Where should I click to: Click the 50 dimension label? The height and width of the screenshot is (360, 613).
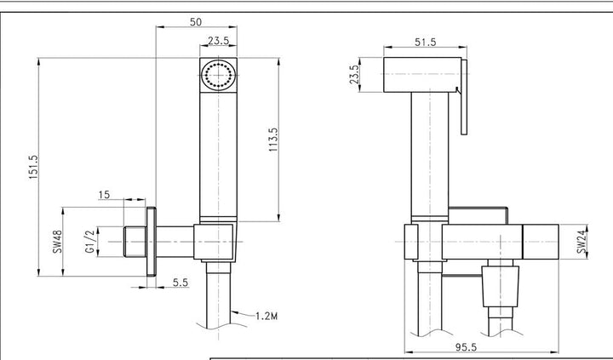[196, 22]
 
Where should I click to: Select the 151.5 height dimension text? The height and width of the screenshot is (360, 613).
[33, 168]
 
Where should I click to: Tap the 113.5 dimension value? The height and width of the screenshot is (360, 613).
[273, 140]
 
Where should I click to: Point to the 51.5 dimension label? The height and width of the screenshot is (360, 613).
[426, 42]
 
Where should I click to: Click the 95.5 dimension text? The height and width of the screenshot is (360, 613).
[466, 346]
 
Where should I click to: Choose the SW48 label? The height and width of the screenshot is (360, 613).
[58, 242]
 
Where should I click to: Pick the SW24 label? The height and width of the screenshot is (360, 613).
[581, 242]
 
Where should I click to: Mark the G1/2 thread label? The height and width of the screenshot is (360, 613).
[90, 242]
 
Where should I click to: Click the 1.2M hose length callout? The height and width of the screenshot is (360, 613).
[266, 316]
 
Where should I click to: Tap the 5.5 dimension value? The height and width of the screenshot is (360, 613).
[180, 283]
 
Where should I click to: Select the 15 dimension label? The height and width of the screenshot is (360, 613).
[104, 195]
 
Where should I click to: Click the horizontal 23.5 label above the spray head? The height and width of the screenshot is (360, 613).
[218, 41]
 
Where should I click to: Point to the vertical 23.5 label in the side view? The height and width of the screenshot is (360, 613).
[354, 74]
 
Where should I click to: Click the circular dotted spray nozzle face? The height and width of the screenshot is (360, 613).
[218, 74]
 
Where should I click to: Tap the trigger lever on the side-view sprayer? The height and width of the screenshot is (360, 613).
[464, 97]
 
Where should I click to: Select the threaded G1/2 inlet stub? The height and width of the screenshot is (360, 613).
[135, 242]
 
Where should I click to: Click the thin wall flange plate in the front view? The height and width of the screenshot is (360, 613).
[152, 242]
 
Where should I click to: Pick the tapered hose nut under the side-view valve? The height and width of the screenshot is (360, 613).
[501, 287]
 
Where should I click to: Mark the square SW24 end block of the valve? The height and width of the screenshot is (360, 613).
[541, 242]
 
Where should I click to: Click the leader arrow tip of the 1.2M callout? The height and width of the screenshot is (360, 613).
[231, 312]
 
